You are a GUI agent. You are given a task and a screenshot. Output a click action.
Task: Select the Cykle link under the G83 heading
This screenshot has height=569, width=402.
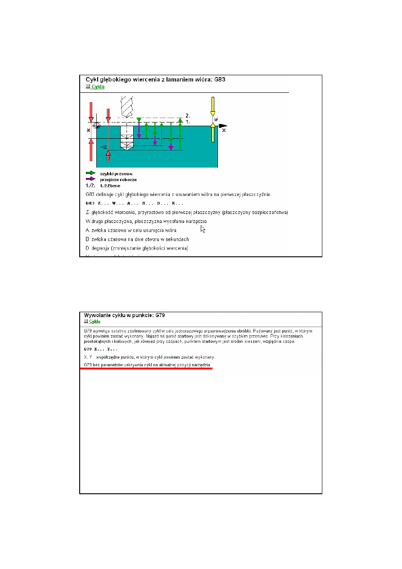click(97, 86)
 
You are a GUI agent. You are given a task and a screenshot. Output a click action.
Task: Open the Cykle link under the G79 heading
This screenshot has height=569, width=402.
click(95, 322)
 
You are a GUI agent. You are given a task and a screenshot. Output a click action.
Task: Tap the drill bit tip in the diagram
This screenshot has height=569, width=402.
click(127, 148)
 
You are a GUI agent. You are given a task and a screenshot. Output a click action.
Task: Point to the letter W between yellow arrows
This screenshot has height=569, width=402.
click(217, 119)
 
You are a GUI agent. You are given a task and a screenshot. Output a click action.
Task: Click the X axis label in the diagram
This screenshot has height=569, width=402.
click(224, 130)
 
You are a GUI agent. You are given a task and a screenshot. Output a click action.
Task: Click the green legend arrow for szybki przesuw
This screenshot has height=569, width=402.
click(90, 173)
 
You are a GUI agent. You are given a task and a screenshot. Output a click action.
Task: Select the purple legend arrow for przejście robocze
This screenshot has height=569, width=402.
click(90, 178)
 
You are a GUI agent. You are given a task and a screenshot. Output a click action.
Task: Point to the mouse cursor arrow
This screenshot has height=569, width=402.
click(203, 229)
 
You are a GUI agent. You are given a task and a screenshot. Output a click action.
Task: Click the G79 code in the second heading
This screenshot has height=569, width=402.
click(165, 315)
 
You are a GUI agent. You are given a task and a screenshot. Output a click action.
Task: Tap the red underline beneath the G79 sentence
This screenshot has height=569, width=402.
click(146, 368)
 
